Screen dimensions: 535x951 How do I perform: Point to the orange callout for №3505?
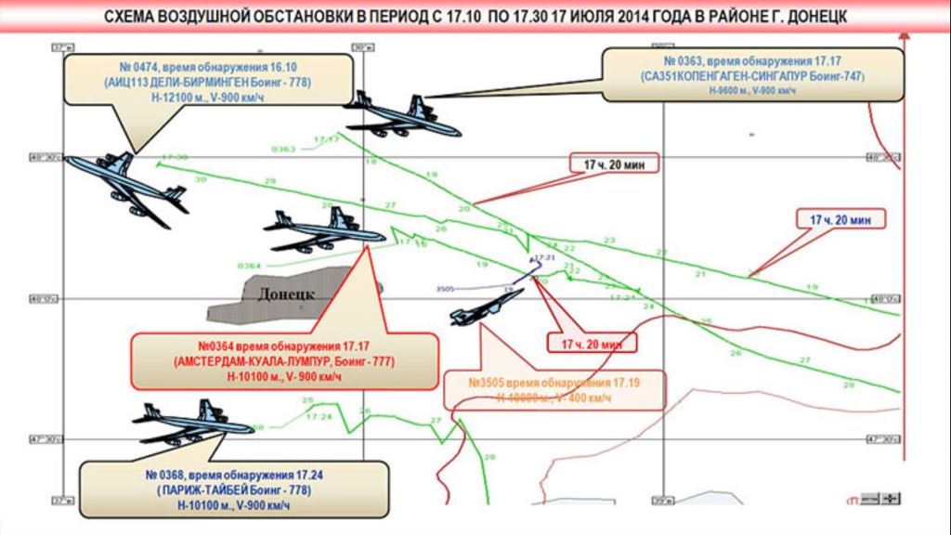coord(554,390)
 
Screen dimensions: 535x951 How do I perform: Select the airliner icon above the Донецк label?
coord(324,228)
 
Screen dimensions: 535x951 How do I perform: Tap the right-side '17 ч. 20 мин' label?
coord(840,220)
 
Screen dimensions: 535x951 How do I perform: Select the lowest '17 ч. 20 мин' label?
coord(591,344)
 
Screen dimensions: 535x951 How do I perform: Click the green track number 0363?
coord(283,149)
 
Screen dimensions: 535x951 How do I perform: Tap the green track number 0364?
coord(249,266)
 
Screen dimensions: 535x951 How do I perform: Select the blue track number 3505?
coord(447,290)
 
